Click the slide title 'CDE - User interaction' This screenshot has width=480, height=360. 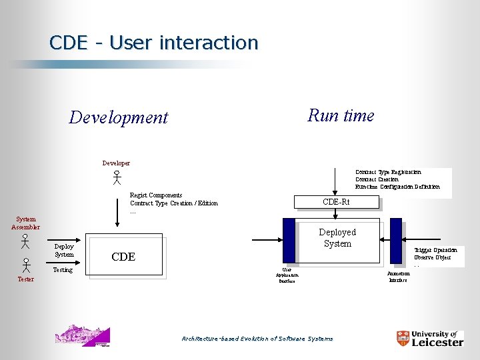pyautogui.click(x=153, y=43)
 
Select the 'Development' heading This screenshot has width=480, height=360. pyautogui.click(x=119, y=118)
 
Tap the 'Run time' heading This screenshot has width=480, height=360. pyautogui.click(x=341, y=115)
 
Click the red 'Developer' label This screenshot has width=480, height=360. pyautogui.click(x=116, y=163)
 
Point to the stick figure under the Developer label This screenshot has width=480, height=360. pyautogui.click(x=116, y=177)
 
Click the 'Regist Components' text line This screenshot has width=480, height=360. pyautogui.click(x=156, y=195)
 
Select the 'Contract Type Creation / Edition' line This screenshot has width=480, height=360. pyautogui.click(x=173, y=203)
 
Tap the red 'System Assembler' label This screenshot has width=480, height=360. pyautogui.click(x=25, y=223)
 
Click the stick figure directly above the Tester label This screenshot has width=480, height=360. pyautogui.click(x=25, y=265)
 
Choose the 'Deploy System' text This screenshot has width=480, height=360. pyautogui.click(x=64, y=250)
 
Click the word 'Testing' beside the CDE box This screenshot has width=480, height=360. pyautogui.click(x=63, y=270)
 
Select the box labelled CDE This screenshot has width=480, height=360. pyautogui.click(x=125, y=255)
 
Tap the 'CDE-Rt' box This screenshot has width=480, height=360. pyautogui.click(x=336, y=202)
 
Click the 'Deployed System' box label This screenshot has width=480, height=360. pyautogui.click(x=337, y=238)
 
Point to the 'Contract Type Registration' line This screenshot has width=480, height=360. pyautogui.click(x=388, y=172)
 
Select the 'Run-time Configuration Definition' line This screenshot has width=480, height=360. pyautogui.click(x=397, y=187)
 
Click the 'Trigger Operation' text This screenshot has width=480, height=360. pyautogui.click(x=435, y=249)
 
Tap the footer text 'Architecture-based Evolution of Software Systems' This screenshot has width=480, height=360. pyautogui.click(x=257, y=339)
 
